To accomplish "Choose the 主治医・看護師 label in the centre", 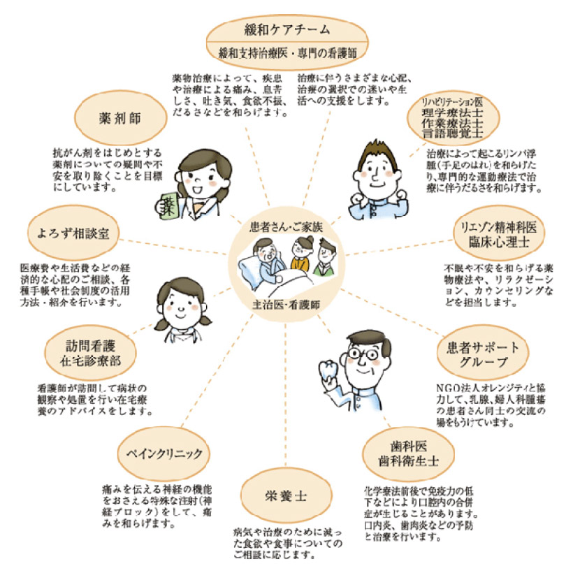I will [x=286, y=305].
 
